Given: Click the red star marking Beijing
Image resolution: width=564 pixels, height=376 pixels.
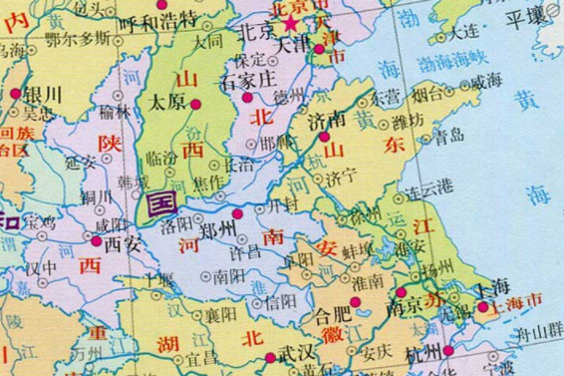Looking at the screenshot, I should pos(291,22).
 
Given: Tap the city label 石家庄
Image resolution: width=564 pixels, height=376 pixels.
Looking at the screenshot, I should pos(247,79).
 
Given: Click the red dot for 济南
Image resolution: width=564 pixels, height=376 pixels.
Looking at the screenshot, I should pos(324,137).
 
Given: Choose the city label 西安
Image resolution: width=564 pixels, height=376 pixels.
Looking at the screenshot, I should pos(124,241).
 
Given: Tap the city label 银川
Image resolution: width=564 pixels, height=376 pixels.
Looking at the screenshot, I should pos(44,96).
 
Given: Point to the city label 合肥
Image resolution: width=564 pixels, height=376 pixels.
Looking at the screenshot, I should pos(333,316).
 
